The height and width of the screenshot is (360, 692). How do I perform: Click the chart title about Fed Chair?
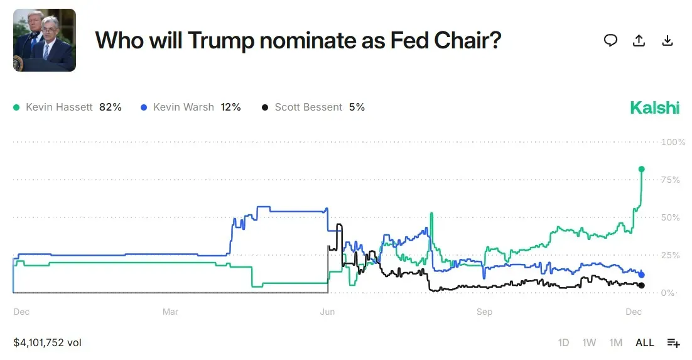[298, 40]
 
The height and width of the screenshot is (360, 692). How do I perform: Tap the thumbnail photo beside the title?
[45, 40]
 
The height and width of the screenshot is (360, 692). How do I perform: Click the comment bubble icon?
[610, 40]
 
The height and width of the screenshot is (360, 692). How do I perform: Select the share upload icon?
[639, 40]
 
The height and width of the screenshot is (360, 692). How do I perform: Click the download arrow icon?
[668, 40]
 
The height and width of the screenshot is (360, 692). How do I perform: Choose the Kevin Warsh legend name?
[183, 107]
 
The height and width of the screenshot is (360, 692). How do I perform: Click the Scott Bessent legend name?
[308, 107]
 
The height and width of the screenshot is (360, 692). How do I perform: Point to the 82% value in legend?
[111, 107]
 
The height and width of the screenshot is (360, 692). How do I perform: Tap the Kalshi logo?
[655, 107]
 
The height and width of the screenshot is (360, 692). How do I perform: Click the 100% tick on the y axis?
[673, 142]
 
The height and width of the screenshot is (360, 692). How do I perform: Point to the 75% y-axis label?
[671, 180]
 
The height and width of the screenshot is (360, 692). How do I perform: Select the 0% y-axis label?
[668, 293]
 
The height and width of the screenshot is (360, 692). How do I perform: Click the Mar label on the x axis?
[170, 312]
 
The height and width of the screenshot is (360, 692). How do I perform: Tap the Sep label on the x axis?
[484, 312]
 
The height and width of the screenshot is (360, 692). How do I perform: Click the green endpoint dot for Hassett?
[642, 169]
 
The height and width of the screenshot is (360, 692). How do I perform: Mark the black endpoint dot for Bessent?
[641, 286]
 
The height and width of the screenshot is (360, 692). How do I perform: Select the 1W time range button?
[589, 342]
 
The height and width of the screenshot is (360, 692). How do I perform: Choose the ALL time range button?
[645, 342]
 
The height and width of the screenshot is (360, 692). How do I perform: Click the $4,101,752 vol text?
[48, 342]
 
